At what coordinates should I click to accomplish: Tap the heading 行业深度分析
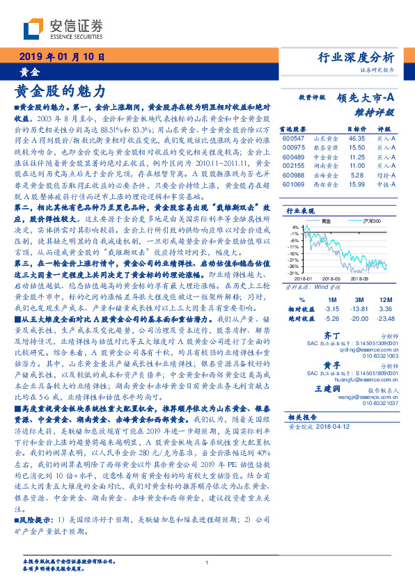[356, 57]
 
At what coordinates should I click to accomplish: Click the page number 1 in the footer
[207, 563]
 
